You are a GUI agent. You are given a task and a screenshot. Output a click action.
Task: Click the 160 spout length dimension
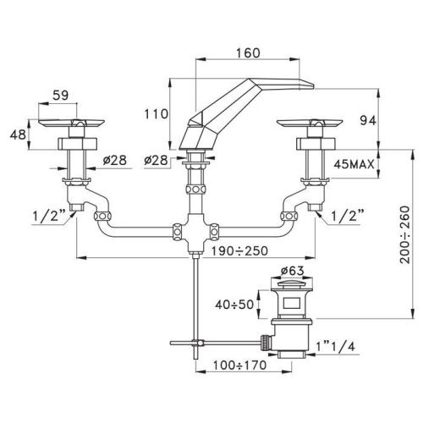[x=248, y=53]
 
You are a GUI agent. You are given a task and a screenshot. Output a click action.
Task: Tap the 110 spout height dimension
[x=156, y=114]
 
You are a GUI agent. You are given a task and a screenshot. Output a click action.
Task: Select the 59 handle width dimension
[x=61, y=96]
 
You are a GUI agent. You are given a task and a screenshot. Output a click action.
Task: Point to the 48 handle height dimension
[x=18, y=135]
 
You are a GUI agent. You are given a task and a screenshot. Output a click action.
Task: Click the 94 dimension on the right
[x=368, y=121]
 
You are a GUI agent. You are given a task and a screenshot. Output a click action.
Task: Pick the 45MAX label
[x=354, y=164]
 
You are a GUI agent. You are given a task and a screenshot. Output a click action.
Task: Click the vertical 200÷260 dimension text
[x=405, y=235]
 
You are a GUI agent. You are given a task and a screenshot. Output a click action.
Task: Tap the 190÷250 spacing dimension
[x=239, y=250]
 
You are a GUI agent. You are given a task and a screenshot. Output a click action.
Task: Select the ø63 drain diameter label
[x=293, y=271]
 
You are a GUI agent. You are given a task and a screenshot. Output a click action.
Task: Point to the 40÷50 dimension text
[x=234, y=305]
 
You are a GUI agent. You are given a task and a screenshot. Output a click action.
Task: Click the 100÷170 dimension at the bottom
[x=239, y=365]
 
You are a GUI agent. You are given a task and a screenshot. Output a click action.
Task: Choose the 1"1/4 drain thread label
[x=335, y=346]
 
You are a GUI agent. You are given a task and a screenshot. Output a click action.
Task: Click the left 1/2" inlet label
[x=49, y=217]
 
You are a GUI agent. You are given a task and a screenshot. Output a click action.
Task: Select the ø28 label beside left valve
[x=115, y=160]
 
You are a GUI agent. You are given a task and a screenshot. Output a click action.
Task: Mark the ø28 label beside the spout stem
[x=156, y=160]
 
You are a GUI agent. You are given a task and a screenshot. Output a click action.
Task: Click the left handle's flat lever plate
[x=71, y=123]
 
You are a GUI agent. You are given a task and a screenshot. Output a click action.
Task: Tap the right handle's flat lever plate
[x=310, y=123]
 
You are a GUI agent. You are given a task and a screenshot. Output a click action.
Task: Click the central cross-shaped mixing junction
[x=195, y=232]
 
